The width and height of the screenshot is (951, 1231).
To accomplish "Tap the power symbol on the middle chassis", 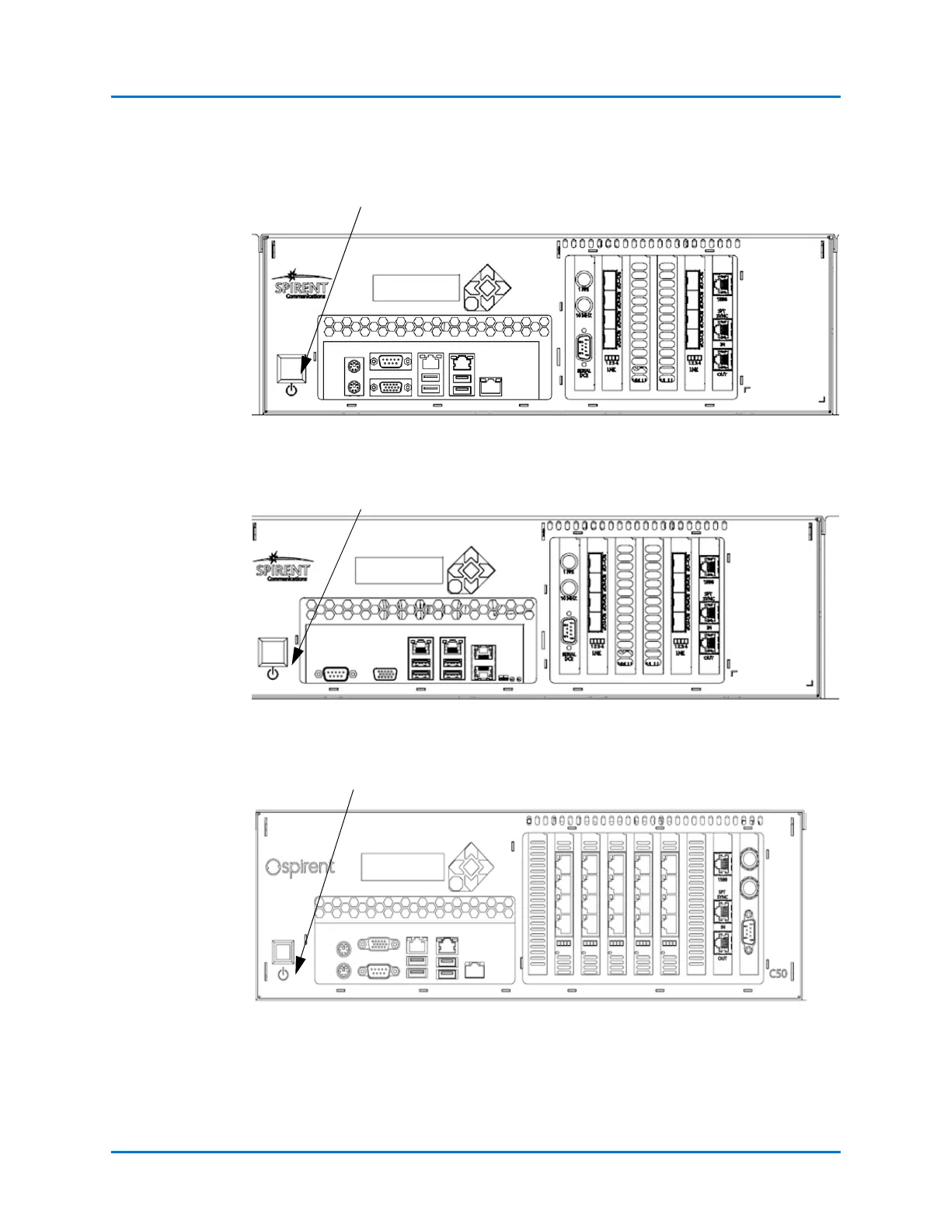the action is [273, 674].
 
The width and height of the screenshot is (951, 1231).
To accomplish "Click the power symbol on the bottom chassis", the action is [283, 974].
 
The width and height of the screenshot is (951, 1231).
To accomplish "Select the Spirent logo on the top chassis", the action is [301, 285].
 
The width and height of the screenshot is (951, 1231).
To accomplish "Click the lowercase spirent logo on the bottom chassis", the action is [300, 867].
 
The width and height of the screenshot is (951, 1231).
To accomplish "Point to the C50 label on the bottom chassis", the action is [778, 973].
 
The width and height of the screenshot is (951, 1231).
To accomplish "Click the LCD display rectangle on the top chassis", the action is [416, 288].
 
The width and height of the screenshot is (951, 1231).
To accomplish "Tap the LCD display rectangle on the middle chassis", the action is [399, 570].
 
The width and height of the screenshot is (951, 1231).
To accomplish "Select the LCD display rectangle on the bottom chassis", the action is [402, 867].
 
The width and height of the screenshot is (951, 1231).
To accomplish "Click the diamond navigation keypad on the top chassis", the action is [487, 288].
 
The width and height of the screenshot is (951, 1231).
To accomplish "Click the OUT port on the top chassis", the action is [723, 361].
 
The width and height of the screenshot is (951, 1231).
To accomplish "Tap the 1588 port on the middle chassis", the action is [709, 567].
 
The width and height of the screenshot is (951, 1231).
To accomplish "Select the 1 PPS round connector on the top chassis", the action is [583, 280].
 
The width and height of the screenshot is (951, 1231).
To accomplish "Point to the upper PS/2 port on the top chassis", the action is [354, 367].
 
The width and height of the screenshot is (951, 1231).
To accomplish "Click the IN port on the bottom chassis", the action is [723, 909].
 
